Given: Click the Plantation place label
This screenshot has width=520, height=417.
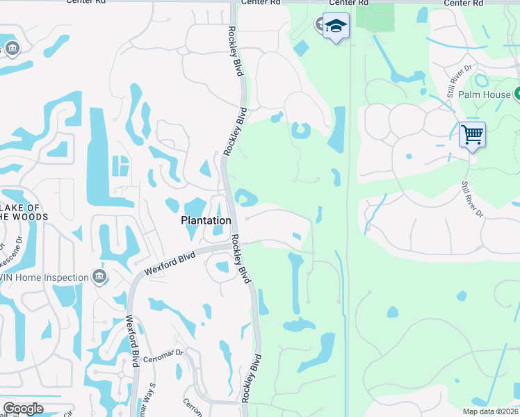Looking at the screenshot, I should [x=206, y=220].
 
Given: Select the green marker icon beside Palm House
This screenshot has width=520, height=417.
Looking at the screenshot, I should [x=517, y=94].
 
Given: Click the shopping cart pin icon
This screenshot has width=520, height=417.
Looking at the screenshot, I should [x=472, y=133].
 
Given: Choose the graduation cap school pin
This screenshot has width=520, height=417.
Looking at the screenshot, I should [x=336, y=26].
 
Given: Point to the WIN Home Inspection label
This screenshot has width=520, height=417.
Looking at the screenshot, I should [x=42, y=278].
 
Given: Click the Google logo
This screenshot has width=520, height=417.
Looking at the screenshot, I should [x=24, y=409].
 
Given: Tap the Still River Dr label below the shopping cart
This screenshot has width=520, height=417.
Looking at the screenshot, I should [x=471, y=199].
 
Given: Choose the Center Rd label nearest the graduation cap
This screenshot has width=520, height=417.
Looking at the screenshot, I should [x=261, y=3].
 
